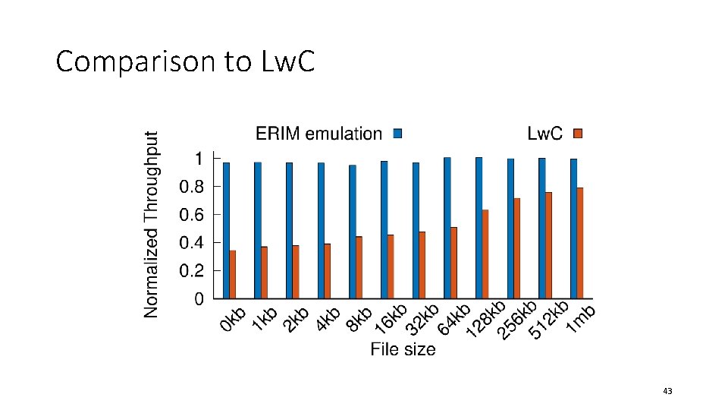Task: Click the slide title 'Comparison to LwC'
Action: (x=184, y=61)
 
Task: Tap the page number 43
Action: (x=667, y=391)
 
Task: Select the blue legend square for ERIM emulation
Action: (x=397, y=134)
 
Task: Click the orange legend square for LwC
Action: (x=577, y=134)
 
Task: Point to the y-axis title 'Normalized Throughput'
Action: (x=152, y=224)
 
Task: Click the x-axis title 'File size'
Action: (x=403, y=349)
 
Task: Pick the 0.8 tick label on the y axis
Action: (x=190, y=187)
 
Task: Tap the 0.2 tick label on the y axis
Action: (x=190, y=271)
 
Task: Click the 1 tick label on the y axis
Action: (x=199, y=159)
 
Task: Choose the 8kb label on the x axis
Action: (x=359, y=319)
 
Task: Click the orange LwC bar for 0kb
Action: (x=233, y=274)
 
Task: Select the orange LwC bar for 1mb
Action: (x=580, y=242)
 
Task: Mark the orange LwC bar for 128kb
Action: (x=485, y=254)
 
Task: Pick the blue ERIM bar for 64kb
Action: (x=447, y=228)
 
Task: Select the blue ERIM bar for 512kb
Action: (x=541, y=228)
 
